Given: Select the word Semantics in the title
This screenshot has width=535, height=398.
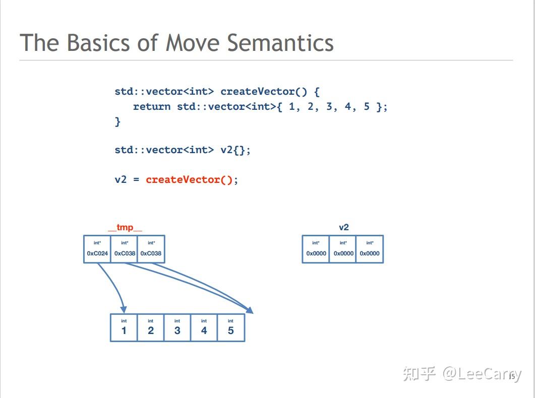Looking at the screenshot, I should (x=280, y=43).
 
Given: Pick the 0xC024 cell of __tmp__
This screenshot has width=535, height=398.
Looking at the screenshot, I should (x=97, y=249).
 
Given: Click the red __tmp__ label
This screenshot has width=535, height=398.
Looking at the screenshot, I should (x=125, y=227).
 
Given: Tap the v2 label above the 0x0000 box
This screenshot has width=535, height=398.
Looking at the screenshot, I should (x=343, y=227).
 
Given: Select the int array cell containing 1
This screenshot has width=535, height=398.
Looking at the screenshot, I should (x=124, y=328).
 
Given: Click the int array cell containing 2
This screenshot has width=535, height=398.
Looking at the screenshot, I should (x=151, y=328).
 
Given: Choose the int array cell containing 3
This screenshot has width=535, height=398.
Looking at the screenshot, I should (x=177, y=328).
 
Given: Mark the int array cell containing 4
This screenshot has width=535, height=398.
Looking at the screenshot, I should (x=204, y=328).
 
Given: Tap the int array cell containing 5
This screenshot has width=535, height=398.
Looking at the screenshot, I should (x=230, y=328).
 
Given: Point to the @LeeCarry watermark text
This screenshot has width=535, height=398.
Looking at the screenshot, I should (x=482, y=374).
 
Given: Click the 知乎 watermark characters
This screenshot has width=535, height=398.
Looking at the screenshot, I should (x=419, y=374).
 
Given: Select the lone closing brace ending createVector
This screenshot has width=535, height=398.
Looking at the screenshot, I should (x=117, y=121).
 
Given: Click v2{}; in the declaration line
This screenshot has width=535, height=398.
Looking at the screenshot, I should (x=235, y=150).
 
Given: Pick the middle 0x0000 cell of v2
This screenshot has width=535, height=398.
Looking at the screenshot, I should (x=343, y=249).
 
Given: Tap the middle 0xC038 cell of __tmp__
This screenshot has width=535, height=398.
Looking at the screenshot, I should (x=125, y=249).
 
